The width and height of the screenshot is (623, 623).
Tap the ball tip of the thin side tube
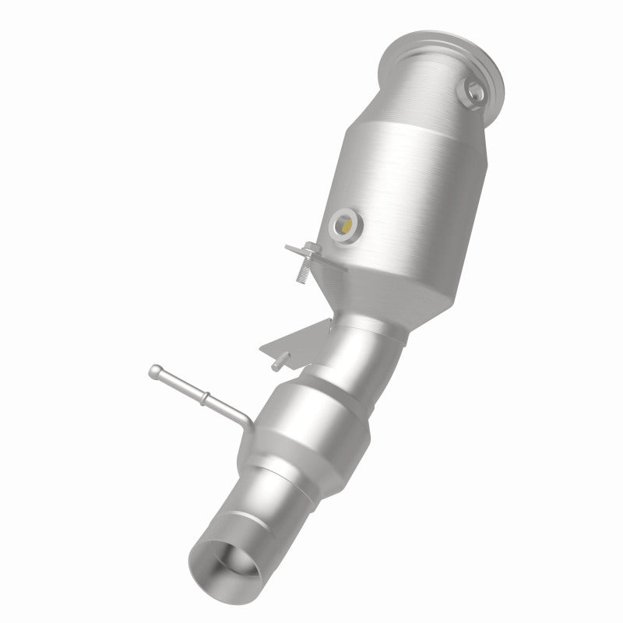click(x=156, y=370)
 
